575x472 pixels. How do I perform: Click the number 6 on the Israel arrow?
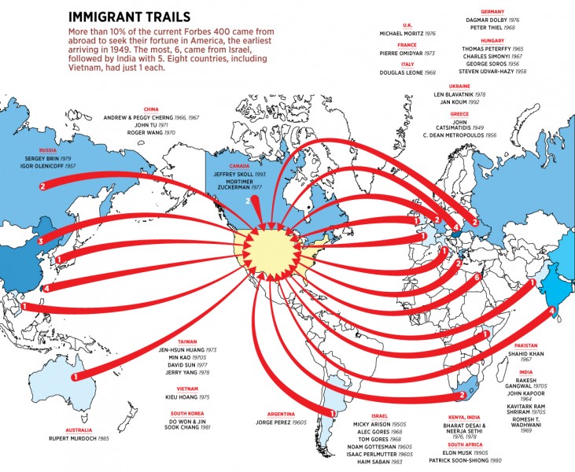click(477, 278)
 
